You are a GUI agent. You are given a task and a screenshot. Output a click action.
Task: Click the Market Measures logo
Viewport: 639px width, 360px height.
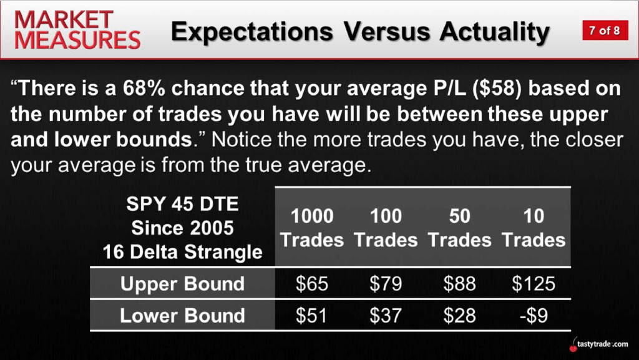click(77, 30)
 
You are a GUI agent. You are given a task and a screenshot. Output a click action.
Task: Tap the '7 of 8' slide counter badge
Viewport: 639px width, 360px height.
click(605, 30)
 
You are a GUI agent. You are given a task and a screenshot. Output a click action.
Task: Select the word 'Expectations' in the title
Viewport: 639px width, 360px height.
click(252, 32)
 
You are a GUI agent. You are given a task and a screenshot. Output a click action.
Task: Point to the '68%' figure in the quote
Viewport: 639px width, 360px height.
click(144, 89)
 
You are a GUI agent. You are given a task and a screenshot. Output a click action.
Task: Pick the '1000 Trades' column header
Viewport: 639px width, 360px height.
click(312, 228)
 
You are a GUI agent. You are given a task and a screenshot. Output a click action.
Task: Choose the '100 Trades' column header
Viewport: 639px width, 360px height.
click(386, 228)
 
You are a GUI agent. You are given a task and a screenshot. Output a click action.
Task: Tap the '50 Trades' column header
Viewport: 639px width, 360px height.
click(459, 228)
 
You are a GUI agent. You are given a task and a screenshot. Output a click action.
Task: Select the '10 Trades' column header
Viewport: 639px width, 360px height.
click(534, 228)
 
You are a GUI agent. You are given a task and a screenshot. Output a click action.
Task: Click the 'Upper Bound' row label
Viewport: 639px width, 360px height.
click(182, 283)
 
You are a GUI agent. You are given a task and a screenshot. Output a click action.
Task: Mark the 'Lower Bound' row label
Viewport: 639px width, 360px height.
click(182, 316)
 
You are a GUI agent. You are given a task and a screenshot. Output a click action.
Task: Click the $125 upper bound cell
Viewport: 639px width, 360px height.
click(534, 283)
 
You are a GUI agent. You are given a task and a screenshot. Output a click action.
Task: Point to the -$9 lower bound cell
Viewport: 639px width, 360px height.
click(534, 316)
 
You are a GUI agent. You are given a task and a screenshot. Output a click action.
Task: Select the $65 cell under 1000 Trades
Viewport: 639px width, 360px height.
click(312, 283)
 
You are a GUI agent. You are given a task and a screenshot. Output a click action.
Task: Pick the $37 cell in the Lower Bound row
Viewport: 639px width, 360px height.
click(386, 316)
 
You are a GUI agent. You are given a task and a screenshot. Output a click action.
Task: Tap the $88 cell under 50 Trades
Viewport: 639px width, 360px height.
click(459, 283)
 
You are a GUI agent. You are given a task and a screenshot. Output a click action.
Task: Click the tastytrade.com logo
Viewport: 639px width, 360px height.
click(598, 344)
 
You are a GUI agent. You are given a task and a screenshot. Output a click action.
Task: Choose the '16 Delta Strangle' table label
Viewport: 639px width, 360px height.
click(182, 251)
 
